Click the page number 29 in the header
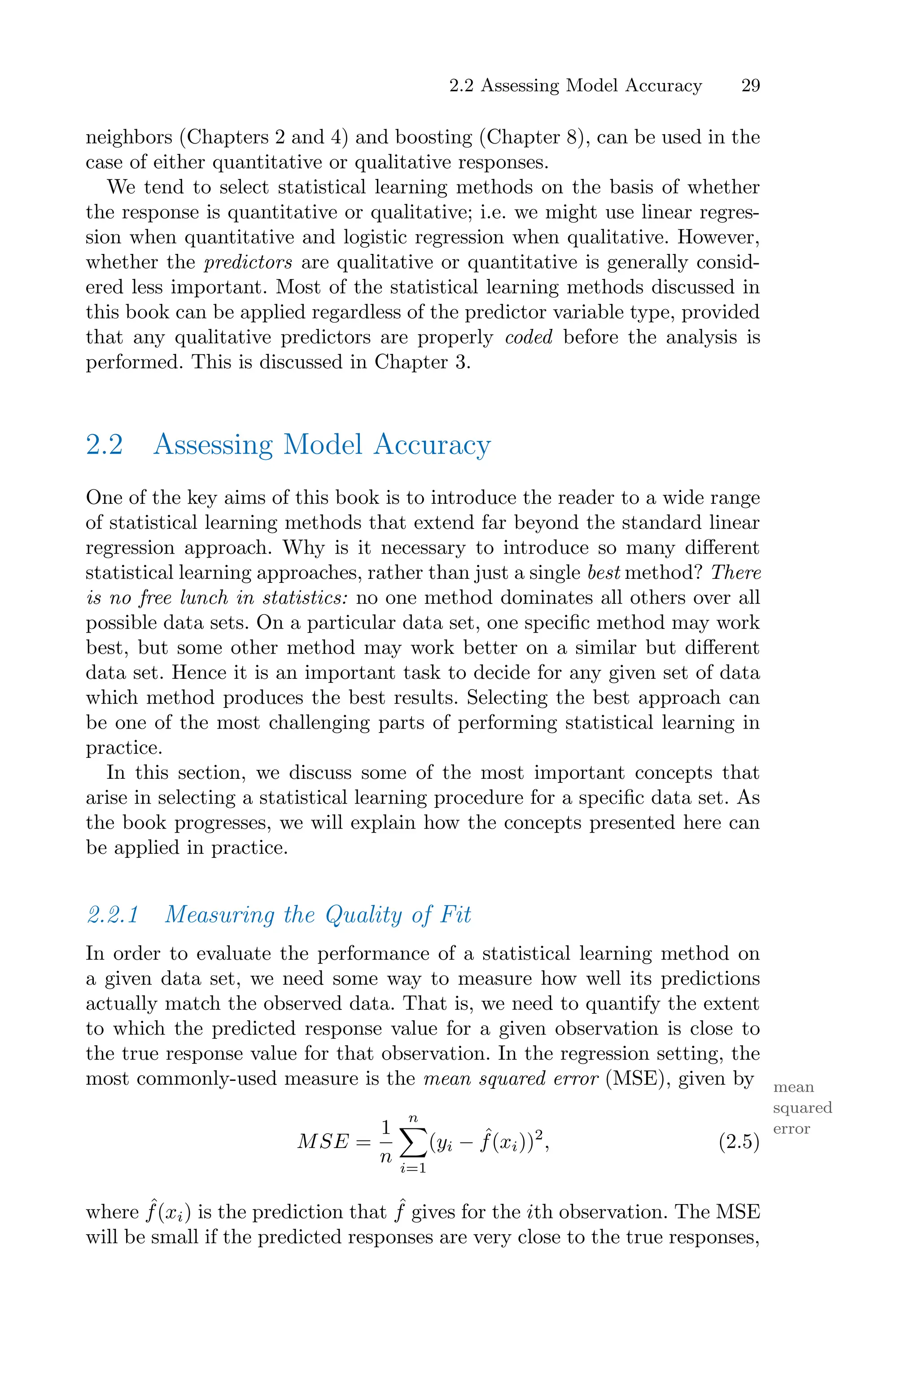point(750,86)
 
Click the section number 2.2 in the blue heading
point(104,445)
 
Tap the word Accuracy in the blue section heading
point(432,445)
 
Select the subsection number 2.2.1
point(113,914)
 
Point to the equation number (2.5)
point(739,1142)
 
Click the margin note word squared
point(802,1108)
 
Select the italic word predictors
point(248,262)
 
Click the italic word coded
point(529,337)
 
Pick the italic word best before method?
point(604,573)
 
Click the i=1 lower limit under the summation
point(413,1169)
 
